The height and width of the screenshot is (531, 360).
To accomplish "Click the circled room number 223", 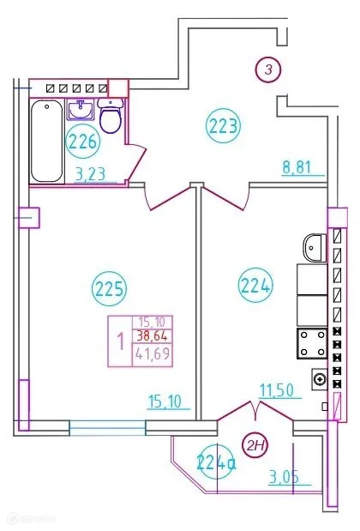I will click(223, 128).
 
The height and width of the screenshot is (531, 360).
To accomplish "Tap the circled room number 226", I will click(83, 140).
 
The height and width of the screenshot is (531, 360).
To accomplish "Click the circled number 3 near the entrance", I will click(268, 70).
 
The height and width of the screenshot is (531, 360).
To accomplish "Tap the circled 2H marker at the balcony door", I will click(255, 443).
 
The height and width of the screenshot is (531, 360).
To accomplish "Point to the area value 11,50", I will click(279, 390).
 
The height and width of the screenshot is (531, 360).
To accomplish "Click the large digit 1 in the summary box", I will click(120, 341).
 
